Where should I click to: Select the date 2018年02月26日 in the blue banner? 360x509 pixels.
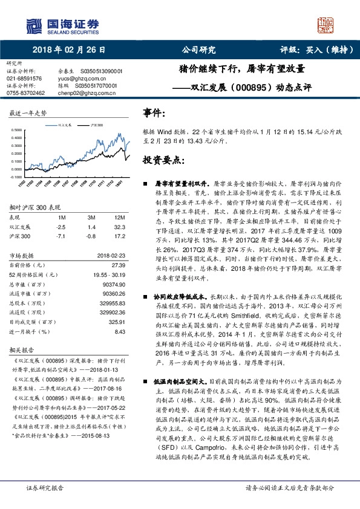[x=70, y=51]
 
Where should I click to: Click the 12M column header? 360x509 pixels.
[x=120, y=217]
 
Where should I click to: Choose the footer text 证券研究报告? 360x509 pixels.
[x=44, y=487]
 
